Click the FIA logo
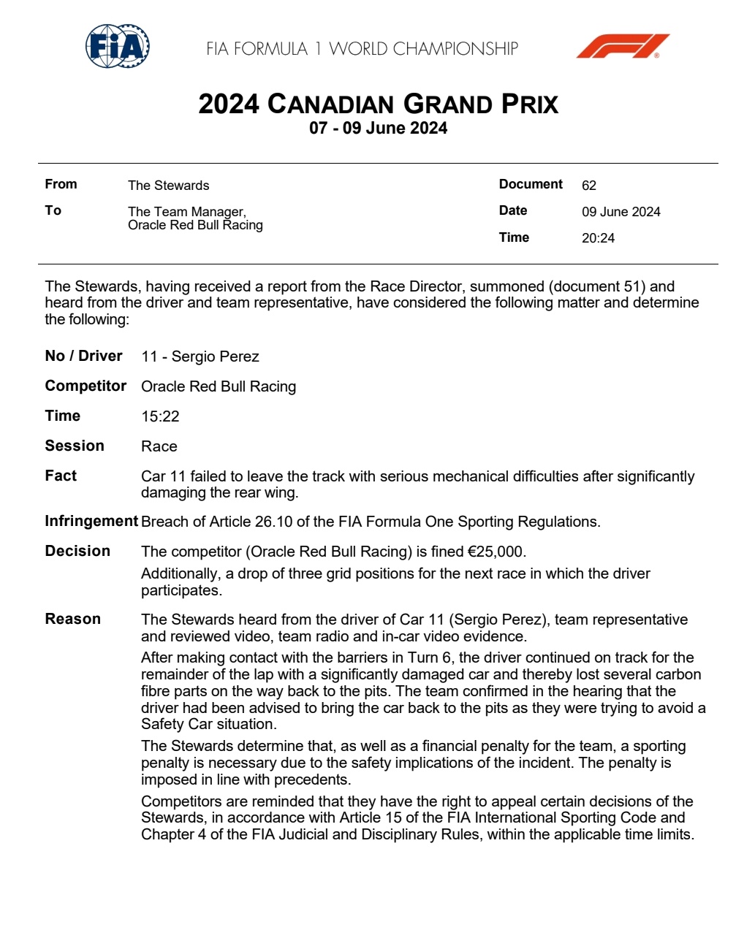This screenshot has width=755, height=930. (118, 47)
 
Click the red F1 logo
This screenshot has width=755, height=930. (623, 46)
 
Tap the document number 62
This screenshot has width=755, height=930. (589, 186)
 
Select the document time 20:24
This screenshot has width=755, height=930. (598, 238)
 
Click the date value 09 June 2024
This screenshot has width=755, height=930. (621, 212)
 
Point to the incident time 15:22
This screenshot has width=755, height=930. (160, 416)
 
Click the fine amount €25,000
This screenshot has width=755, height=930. (496, 552)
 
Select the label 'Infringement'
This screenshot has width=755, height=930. (91, 521)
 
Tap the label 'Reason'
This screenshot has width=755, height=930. (72, 619)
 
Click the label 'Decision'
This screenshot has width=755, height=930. (77, 551)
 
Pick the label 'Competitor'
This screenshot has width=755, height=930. (86, 386)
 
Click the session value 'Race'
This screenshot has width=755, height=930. (159, 446)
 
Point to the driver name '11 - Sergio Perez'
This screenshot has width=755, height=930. (200, 357)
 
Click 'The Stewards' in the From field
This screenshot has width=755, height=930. (168, 186)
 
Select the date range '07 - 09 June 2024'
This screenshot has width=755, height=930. (378, 129)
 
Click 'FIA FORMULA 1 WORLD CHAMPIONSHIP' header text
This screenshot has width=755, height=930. (362, 49)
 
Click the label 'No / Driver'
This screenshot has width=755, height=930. (83, 356)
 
